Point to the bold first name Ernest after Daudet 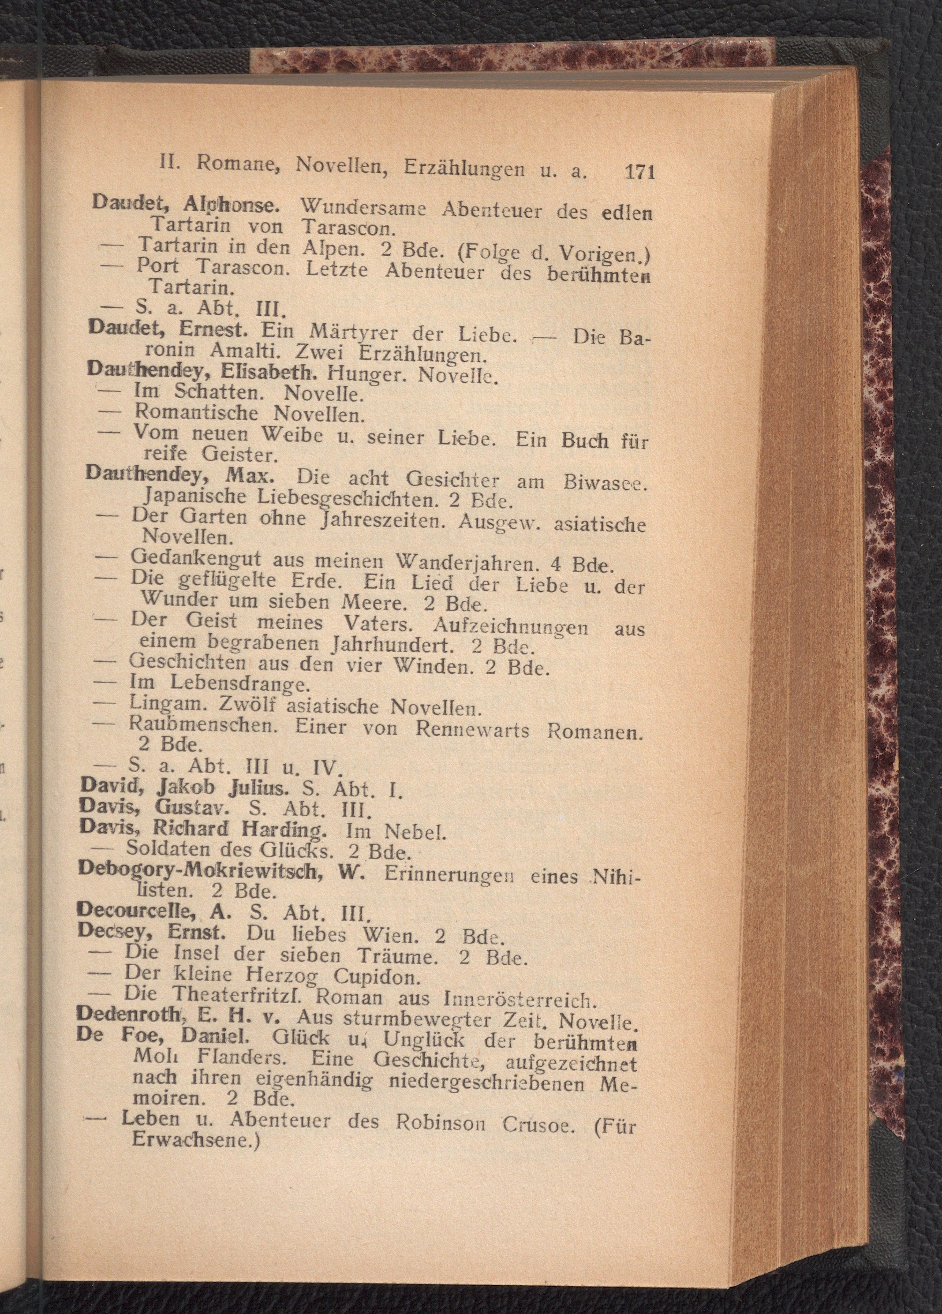[x=214, y=328]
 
